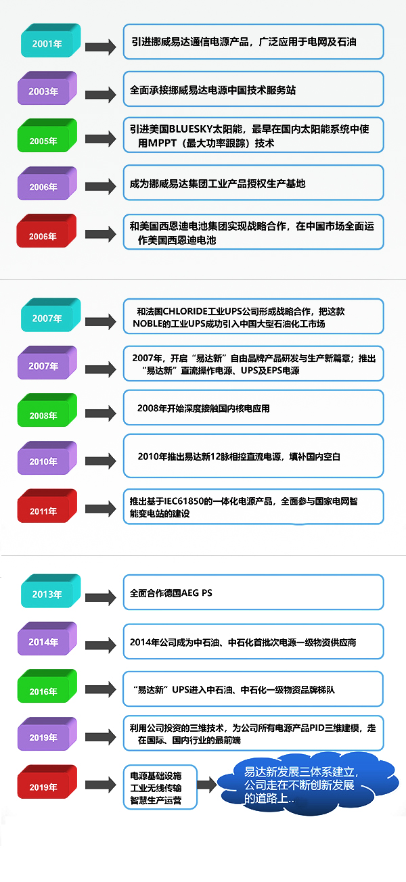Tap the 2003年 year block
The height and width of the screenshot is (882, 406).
(x=47, y=88)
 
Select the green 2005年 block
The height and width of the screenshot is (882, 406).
(x=47, y=135)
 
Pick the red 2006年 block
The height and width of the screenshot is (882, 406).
(x=47, y=231)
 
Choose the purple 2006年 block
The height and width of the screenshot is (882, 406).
(x=47, y=183)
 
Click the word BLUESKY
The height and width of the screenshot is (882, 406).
(x=191, y=129)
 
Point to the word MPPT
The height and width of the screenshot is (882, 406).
(x=162, y=143)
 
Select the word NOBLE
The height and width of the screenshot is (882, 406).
(x=145, y=324)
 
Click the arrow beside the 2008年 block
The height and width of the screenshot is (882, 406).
(x=101, y=413)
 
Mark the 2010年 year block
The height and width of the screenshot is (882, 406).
(x=47, y=458)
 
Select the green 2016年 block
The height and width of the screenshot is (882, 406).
(x=47, y=686)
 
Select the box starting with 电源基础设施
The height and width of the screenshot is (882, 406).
(x=160, y=787)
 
